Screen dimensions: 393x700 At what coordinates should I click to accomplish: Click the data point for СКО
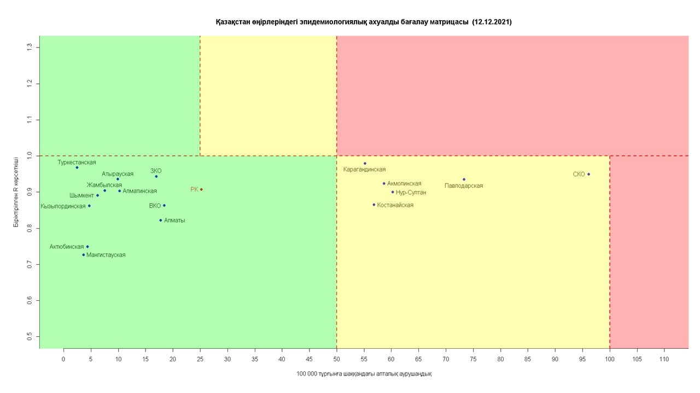coord(588,174)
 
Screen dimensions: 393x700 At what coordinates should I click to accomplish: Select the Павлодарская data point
coord(464,179)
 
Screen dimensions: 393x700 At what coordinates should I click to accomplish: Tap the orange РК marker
coord(201,189)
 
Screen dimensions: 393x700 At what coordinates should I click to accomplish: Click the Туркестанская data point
coord(77,168)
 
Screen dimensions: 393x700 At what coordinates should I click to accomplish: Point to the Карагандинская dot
coord(365,163)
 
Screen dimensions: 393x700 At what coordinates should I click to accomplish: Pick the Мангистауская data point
coord(84,255)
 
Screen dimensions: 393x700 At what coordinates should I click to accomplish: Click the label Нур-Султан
coord(411,193)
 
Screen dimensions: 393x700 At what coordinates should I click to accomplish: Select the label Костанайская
coord(395,205)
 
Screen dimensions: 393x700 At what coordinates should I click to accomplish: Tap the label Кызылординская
coord(63,206)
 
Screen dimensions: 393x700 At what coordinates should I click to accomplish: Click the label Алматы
coord(174,221)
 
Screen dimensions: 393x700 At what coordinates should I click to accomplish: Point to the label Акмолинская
coord(404,184)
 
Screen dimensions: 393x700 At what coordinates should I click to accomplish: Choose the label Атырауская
coord(118,174)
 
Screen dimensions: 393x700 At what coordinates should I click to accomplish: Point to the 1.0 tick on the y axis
coord(30,156)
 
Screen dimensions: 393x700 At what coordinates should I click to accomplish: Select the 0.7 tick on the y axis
coord(30,264)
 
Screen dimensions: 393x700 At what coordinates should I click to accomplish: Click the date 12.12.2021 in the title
coord(492,22)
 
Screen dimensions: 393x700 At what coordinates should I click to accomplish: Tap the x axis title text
coord(364,374)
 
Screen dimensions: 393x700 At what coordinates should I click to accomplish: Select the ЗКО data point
coord(156,176)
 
